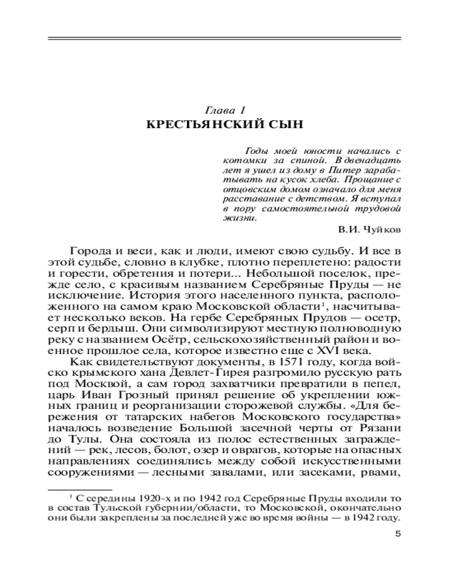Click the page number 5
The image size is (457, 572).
[399, 535]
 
